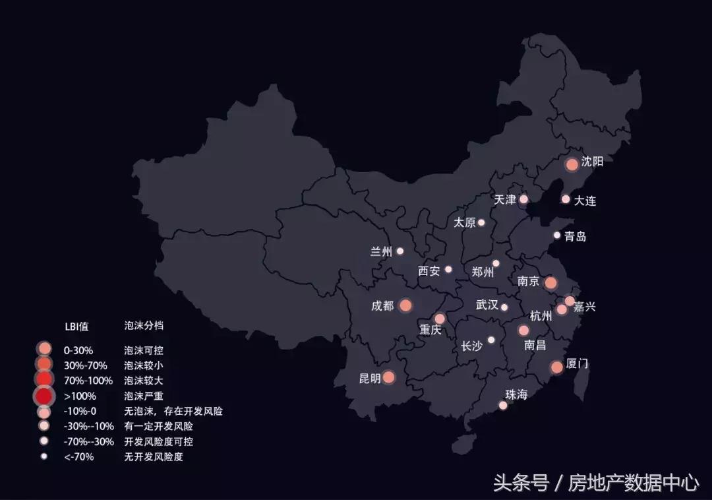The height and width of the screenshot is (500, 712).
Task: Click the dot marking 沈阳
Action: [x=572, y=164]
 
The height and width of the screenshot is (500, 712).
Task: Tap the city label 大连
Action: [x=585, y=201]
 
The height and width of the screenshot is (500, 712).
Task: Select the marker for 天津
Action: [x=523, y=199]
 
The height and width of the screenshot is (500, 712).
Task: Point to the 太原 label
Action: [x=465, y=223]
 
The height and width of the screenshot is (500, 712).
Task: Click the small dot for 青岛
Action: [x=557, y=235]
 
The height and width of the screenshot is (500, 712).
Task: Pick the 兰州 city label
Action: [x=381, y=251]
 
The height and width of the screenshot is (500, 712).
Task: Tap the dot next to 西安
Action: [x=448, y=269]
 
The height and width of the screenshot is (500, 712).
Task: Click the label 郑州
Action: [x=483, y=271]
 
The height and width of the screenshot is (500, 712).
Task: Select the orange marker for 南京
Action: [x=550, y=283]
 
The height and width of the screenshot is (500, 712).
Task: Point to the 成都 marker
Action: [x=405, y=305]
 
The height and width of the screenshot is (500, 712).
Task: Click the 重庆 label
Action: [x=430, y=330]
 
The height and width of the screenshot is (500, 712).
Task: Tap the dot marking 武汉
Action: [x=504, y=307]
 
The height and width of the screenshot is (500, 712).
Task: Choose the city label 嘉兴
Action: [x=584, y=307]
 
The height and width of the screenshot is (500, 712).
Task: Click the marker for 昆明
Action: [x=388, y=377]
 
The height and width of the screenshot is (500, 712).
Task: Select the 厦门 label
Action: [x=578, y=363]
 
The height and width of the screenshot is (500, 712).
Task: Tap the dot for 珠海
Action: [x=503, y=406]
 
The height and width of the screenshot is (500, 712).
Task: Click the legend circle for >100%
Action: [x=44, y=396]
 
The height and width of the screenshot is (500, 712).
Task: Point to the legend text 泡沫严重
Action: [x=143, y=396]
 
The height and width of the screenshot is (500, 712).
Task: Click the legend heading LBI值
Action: [x=76, y=326]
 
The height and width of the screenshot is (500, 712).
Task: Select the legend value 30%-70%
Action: [x=85, y=365]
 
